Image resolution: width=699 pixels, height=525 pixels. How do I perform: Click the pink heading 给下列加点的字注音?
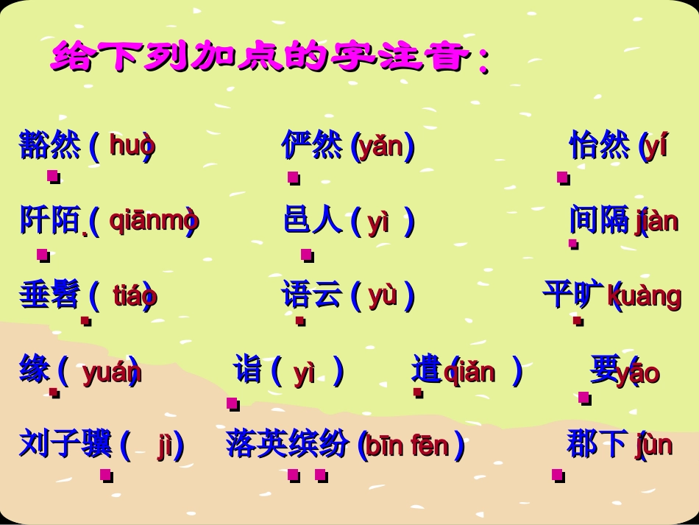[x=269, y=57]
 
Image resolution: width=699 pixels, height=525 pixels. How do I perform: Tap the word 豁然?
[x=49, y=145]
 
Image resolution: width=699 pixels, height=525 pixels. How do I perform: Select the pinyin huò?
[x=132, y=146]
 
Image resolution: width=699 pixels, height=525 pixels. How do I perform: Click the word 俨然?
[x=312, y=145]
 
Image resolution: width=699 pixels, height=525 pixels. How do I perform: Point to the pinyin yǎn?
[x=382, y=147]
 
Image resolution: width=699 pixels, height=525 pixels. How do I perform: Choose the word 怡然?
[x=599, y=145]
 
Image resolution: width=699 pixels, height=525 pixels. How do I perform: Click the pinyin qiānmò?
[x=154, y=220]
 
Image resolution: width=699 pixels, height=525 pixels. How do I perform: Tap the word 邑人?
[x=313, y=220]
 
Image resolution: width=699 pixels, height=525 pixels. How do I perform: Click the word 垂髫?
[x=49, y=295]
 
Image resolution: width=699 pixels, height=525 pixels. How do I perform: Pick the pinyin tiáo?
[x=135, y=296]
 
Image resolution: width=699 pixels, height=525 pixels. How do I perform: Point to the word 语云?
[x=312, y=295]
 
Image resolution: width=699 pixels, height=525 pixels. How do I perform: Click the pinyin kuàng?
[x=645, y=296]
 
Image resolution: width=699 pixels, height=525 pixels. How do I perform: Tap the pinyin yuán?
[x=111, y=373]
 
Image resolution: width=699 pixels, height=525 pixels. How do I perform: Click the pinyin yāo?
[x=638, y=373]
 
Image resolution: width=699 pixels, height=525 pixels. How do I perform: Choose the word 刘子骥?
[x=65, y=444]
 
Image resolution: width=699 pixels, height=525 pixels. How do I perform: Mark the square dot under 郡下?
[x=558, y=475]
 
